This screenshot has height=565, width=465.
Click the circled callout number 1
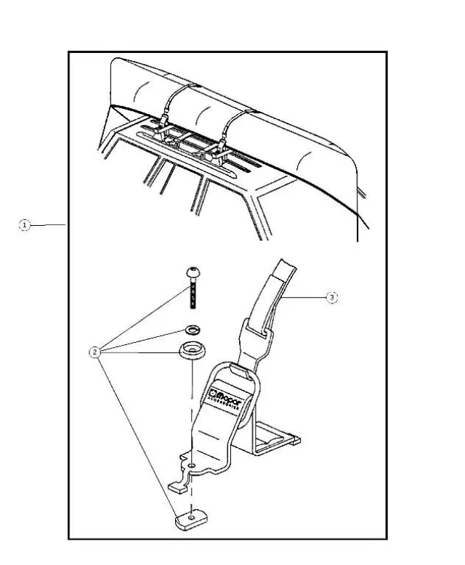25,226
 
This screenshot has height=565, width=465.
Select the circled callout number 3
331,298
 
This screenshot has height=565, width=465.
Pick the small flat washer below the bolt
194,328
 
